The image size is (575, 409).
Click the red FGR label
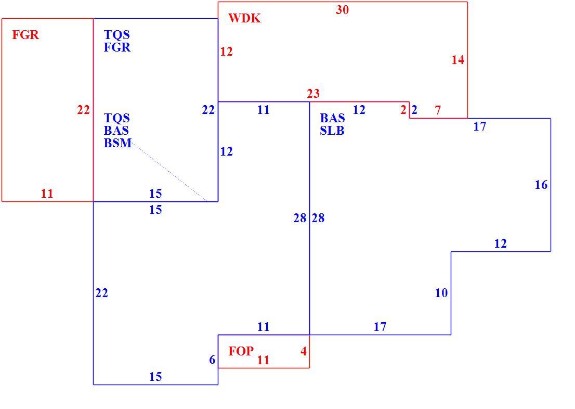tap(25, 35)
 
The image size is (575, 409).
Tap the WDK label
tap(244, 18)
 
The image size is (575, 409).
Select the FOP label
tap(241, 351)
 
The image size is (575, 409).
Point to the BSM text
tap(117, 143)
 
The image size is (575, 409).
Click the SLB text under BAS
tap(332, 131)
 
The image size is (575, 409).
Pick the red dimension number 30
tap(342, 10)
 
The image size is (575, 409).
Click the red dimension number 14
tap(458, 60)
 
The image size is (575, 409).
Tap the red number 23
tap(313, 94)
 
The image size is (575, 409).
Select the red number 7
tap(437, 110)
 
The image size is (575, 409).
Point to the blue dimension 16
tap(541, 185)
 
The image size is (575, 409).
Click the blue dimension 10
tap(441, 293)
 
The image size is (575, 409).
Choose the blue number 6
tap(212, 360)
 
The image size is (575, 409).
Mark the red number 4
tap(304, 351)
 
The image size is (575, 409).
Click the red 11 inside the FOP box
tap(263, 360)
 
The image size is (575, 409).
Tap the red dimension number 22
tap(83, 110)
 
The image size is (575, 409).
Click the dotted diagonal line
tap(168, 171)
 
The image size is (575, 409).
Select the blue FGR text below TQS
tap(117, 47)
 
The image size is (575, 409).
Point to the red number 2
tap(403, 110)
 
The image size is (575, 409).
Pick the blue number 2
tap(414, 110)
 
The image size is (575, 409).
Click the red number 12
tap(226, 52)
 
